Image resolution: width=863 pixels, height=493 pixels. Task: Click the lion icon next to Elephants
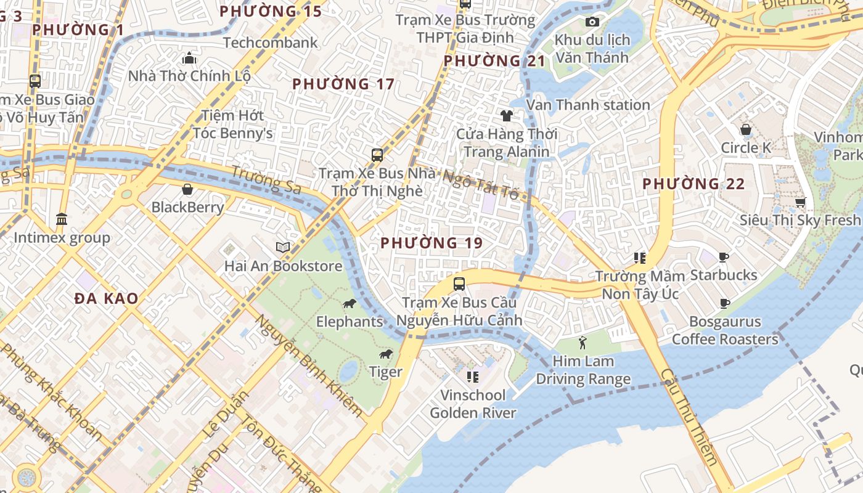[349, 304]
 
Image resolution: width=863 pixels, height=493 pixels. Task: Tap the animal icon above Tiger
[386, 354]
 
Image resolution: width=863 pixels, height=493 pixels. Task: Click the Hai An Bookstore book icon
[283, 248]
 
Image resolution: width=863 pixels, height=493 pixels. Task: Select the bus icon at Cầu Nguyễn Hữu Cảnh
[459, 284]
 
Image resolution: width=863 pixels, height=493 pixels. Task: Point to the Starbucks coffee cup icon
[724, 257]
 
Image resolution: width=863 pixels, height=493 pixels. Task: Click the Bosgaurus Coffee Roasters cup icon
[725, 303]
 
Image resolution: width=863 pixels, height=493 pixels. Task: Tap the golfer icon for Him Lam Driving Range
[583, 343]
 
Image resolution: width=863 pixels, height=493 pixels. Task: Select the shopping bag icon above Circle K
[746, 130]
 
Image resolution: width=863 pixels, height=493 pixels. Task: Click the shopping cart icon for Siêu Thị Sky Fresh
[800, 202]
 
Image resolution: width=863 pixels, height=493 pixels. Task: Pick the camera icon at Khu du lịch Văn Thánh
[592, 22]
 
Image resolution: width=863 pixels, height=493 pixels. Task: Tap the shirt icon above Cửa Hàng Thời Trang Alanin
[507, 116]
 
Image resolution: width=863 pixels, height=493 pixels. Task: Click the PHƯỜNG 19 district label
[431, 243]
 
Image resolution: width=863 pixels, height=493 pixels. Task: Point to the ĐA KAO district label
[106, 299]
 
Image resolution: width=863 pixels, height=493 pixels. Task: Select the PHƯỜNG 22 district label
[693, 184]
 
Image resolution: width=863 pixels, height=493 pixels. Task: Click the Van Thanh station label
[588, 105]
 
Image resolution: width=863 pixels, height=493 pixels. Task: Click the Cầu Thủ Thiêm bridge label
[689, 417]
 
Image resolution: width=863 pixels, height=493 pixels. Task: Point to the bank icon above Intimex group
[62, 219]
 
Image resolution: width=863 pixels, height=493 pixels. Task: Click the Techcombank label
[271, 43]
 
